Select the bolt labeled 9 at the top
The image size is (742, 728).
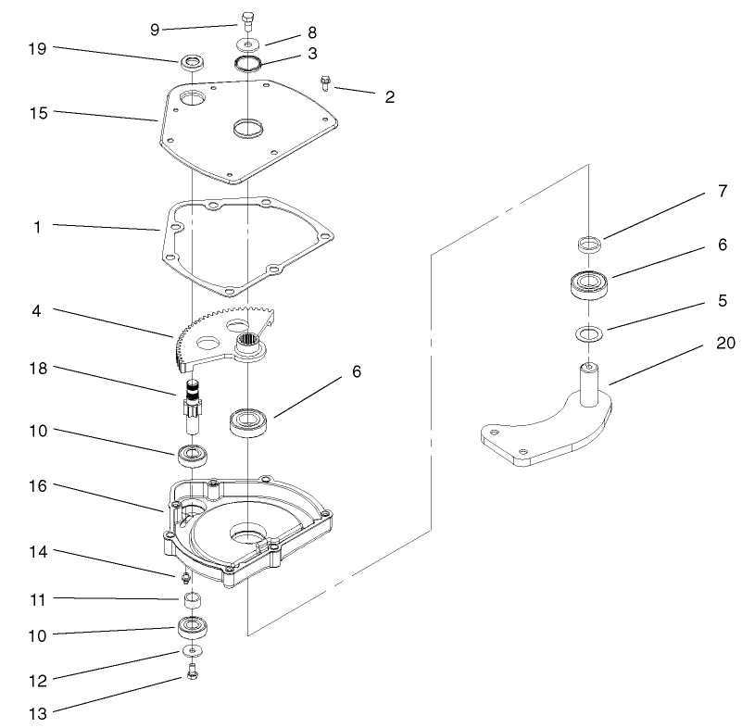point(247,19)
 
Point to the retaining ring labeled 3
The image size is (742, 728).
point(247,63)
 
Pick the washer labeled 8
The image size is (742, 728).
point(248,43)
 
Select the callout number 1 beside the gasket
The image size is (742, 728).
point(37,225)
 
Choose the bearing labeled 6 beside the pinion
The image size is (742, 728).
point(248,422)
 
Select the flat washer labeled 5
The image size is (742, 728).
point(587,332)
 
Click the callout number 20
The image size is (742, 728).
point(725,343)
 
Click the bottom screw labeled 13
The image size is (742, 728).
point(193,673)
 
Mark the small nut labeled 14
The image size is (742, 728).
point(185,577)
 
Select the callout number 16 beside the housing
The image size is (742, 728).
point(38,484)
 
